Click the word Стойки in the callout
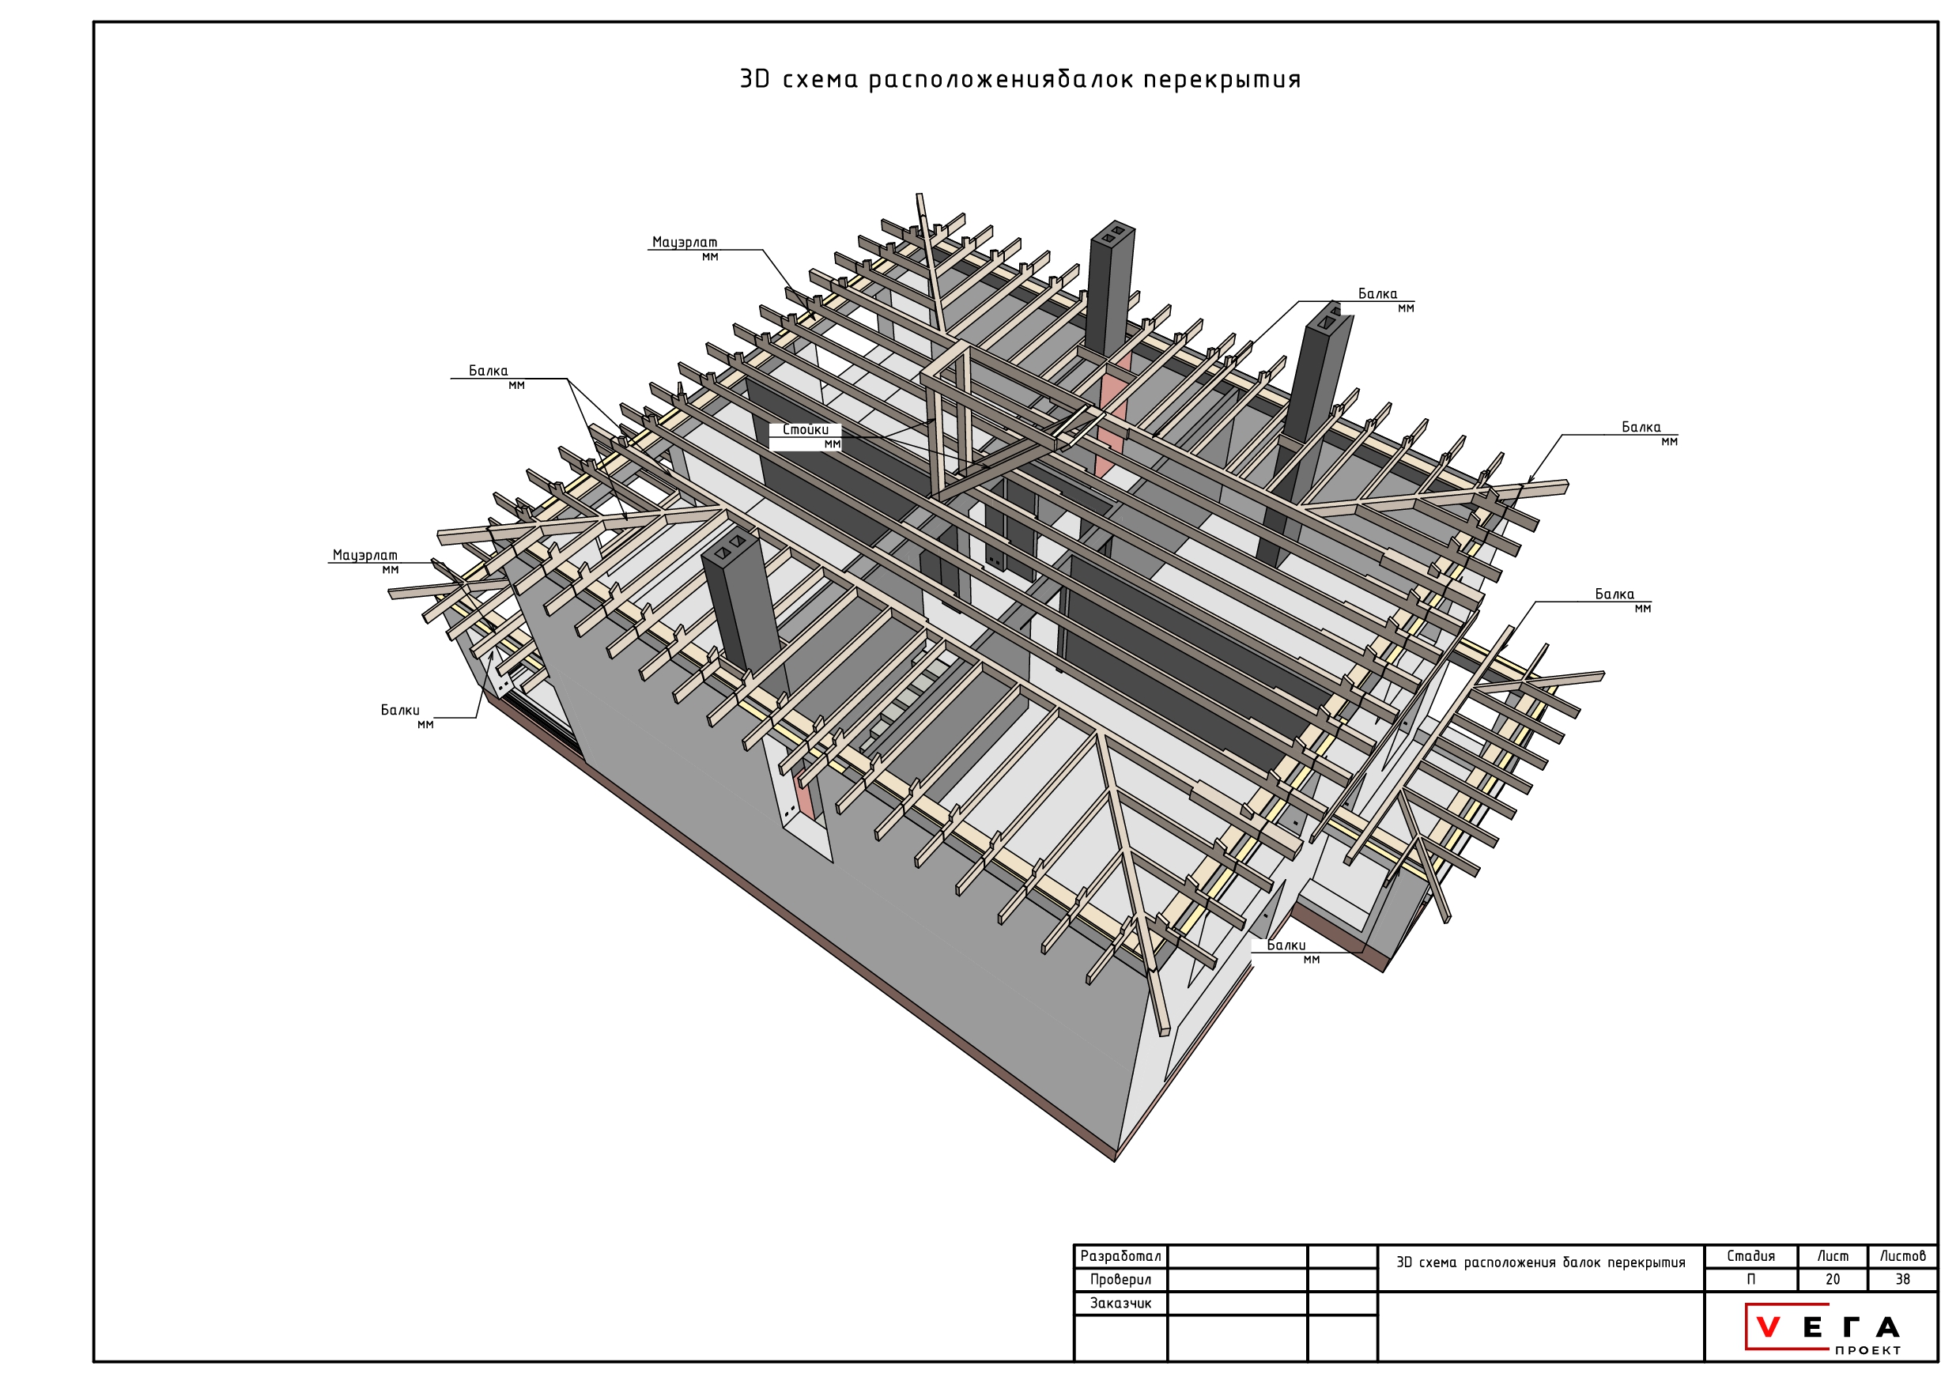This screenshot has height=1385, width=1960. [x=805, y=430]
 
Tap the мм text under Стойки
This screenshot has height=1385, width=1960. [x=833, y=444]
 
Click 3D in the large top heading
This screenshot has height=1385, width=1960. [x=754, y=79]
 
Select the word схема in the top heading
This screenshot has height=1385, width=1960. [x=821, y=80]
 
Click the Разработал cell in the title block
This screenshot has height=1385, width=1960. [x=1120, y=1256]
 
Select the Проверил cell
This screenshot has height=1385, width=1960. [x=1120, y=1279]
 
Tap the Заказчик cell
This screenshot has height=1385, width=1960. [x=1120, y=1303]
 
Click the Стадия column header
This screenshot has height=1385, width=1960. [x=1750, y=1256]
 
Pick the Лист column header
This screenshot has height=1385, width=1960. [x=1833, y=1256]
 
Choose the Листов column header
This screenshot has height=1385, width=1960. [x=1903, y=1256]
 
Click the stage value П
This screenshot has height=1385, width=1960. [x=1750, y=1279]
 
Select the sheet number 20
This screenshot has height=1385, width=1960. [x=1833, y=1279]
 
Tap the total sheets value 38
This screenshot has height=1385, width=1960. [x=1903, y=1279]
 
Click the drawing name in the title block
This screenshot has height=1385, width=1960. [x=1541, y=1263]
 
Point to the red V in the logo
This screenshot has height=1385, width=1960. [x=1769, y=1328]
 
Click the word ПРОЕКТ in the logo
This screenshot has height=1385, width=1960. [x=1867, y=1350]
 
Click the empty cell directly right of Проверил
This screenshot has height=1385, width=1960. [x=1237, y=1279]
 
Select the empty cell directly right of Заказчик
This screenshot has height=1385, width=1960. [x=1237, y=1303]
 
